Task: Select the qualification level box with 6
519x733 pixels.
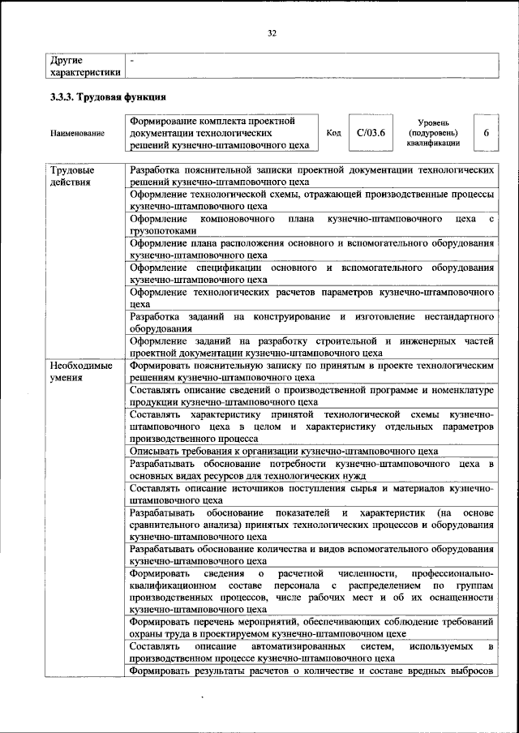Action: click(485, 131)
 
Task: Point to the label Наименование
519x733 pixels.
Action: click(77, 133)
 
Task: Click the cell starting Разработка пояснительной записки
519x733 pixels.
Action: click(311, 177)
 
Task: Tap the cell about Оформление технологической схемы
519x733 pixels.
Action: click(311, 201)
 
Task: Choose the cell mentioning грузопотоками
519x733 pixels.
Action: click(311, 225)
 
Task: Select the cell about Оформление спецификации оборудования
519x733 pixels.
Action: click(311, 273)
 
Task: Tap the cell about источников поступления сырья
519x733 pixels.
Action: click(311, 495)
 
